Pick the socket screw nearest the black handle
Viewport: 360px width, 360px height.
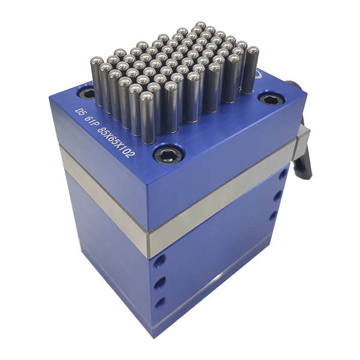(269, 99)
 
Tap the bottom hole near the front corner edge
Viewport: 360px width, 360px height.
(160, 302)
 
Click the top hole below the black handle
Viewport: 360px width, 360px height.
(282, 176)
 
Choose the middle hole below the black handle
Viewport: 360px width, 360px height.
(277, 196)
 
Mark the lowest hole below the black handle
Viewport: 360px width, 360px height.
(273, 215)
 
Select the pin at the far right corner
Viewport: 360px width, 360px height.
(252, 69)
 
